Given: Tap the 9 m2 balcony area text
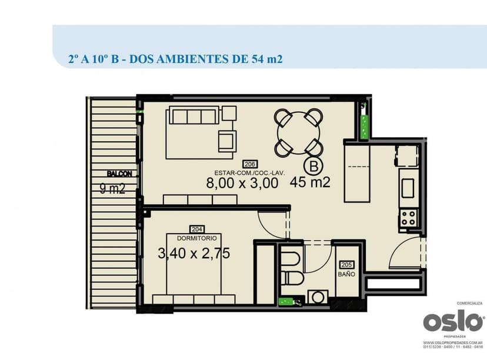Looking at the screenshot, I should pyautogui.click(x=112, y=189).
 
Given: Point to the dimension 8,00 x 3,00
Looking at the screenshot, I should pyautogui.click(x=242, y=183).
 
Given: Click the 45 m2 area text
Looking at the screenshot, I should pyautogui.click(x=309, y=182).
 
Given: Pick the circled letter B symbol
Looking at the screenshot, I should pyautogui.click(x=313, y=166).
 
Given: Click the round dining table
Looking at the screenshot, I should pyautogui.click(x=298, y=132).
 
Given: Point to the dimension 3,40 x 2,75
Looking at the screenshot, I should pyautogui.click(x=194, y=254).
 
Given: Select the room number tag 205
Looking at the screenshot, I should pyautogui.click(x=346, y=265).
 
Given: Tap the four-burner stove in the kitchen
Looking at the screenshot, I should pyautogui.click(x=408, y=218).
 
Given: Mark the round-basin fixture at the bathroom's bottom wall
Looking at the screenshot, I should pyautogui.click(x=318, y=296).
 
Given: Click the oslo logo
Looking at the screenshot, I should pyautogui.click(x=453, y=322).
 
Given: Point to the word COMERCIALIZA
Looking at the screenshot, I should pyautogui.click(x=470, y=304).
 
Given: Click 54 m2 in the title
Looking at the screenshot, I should pyautogui.click(x=262, y=59).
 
